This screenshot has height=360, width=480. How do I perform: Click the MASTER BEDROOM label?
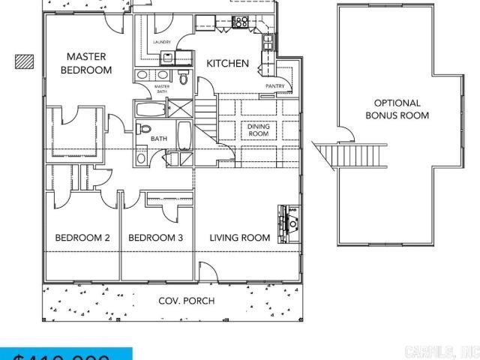point(86,63)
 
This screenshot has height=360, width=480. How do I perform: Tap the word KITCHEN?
point(227,64)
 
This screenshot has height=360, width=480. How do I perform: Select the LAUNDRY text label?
point(162,43)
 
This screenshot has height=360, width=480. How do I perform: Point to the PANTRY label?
point(274,85)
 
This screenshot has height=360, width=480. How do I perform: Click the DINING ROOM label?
point(258,130)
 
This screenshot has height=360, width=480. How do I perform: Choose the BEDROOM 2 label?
point(82,238)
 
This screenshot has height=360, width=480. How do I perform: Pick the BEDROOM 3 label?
point(156,238)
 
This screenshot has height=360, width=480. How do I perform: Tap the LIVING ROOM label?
point(239,238)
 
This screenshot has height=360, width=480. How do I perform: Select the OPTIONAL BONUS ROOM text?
point(397,109)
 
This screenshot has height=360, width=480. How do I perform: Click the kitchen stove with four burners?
point(241,22)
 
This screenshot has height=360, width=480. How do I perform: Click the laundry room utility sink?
point(166,57)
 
